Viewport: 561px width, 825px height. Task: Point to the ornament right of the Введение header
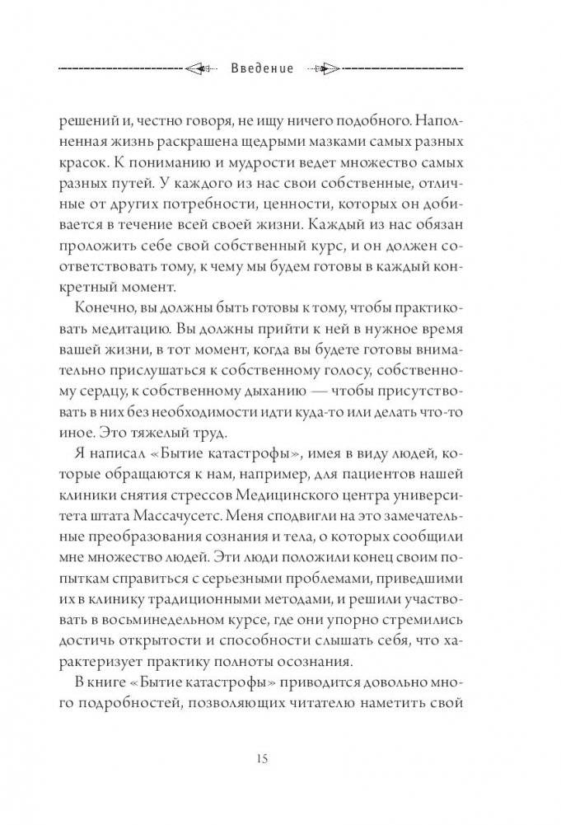pyautogui.click(x=326, y=68)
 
